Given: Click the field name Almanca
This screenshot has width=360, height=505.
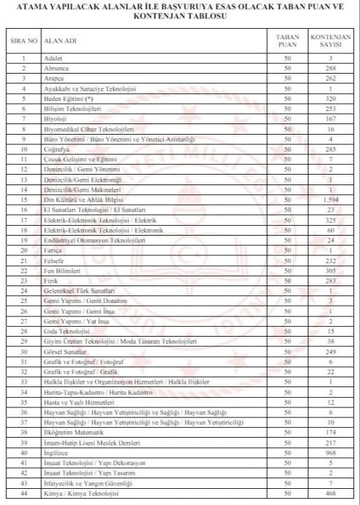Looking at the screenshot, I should point(55,69).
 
